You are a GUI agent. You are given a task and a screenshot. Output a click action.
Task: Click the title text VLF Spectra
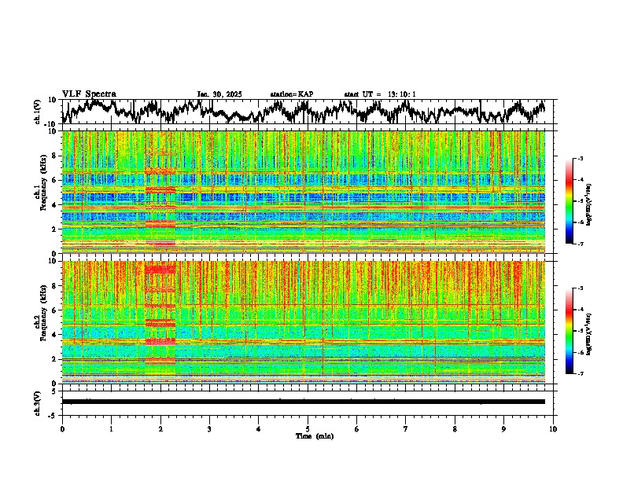(x=89, y=94)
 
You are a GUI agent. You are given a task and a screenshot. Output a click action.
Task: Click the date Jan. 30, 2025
(x=219, y=94)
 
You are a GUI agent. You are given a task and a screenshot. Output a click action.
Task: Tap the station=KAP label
(x=292, y=94)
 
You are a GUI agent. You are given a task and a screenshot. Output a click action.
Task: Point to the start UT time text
(x=380, y=94)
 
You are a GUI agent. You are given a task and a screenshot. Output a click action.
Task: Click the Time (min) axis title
(x=314, y=436)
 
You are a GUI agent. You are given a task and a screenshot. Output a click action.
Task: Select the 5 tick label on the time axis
(x=308, y=429)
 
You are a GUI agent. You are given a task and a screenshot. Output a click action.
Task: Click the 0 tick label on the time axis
(x=62, y=429)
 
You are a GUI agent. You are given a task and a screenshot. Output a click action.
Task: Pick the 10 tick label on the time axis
(x=553, y=429)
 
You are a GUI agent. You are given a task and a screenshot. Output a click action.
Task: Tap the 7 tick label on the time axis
(x=406, y=429)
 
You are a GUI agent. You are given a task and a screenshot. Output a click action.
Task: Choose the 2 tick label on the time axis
(x=160, y=429)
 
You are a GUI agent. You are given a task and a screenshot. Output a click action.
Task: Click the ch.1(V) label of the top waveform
(x=39, y=112)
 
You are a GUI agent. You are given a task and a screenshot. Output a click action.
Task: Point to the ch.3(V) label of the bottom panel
(x=39, y=402)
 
